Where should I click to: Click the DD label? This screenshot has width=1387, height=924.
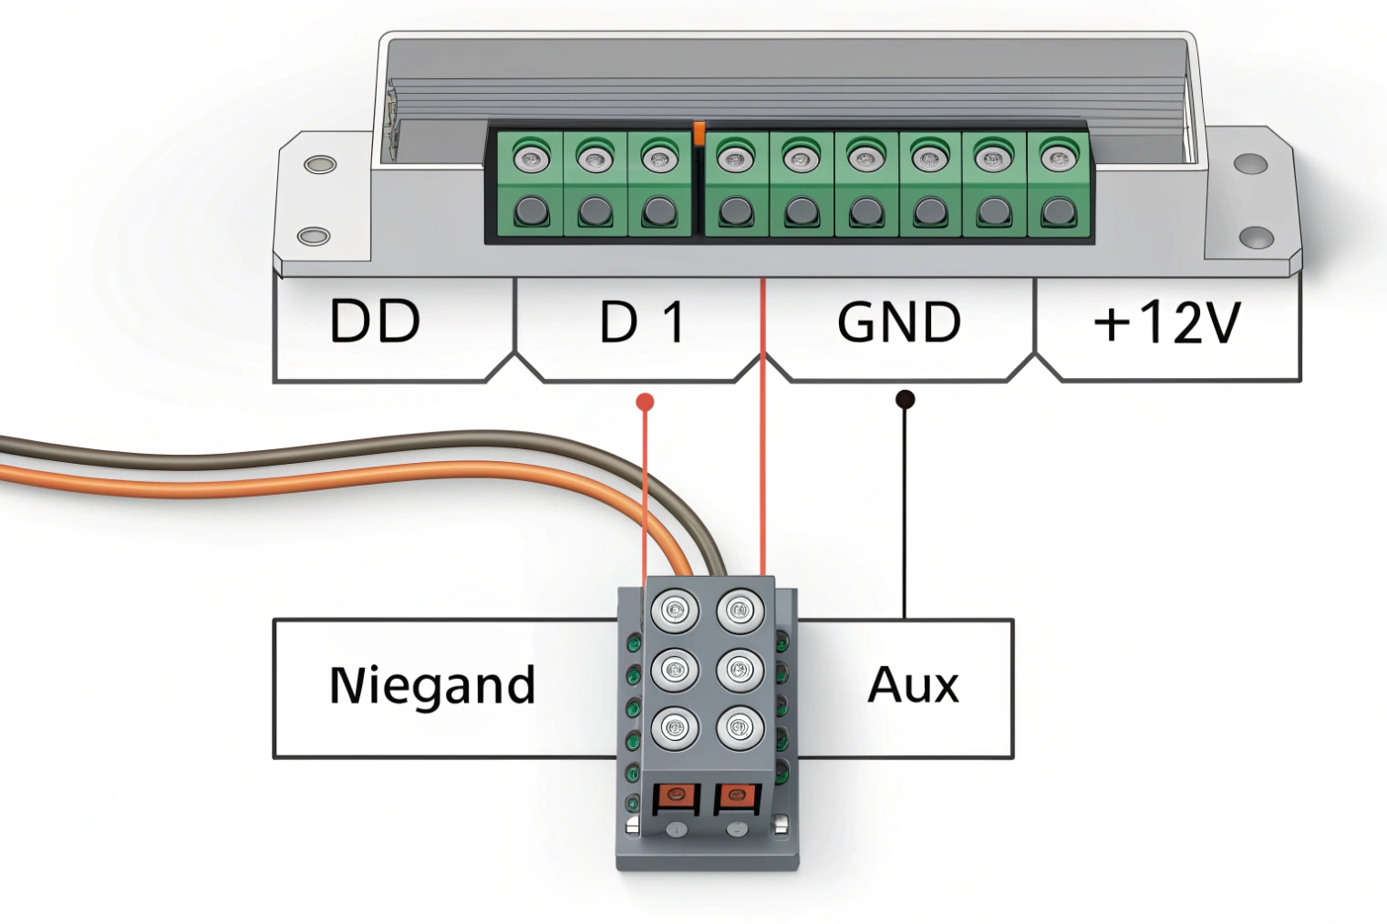pos(375,321)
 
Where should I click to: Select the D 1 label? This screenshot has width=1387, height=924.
pos(642,322)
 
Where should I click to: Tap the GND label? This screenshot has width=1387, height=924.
pos(899,322)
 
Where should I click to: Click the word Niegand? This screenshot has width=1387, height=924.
pos(431,685)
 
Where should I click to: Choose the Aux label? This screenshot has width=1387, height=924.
pos(913,684)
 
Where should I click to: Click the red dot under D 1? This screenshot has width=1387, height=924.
pos(645,402)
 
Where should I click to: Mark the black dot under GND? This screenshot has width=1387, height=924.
pos(906,399)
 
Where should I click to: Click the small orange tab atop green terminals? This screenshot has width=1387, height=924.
pos(699,133)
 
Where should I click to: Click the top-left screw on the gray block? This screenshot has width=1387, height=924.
pos(675,609)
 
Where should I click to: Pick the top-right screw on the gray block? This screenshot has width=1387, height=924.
pos(740,609)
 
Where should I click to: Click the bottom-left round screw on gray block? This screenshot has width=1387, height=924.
pos(675,728)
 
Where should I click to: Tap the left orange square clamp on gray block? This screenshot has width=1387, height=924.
pos(676,798)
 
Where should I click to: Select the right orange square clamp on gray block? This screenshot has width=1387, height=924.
pos(735,798)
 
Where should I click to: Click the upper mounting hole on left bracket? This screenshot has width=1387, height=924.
pos(319,165)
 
